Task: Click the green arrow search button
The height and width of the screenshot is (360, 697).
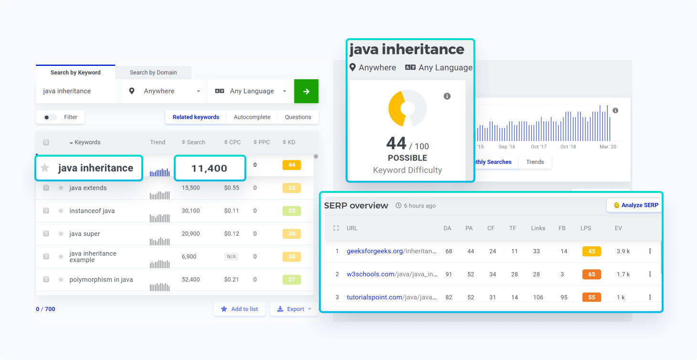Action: point(306,91)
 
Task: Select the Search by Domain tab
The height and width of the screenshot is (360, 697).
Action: point(153,73)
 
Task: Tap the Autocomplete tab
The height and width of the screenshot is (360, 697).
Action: point(252,117)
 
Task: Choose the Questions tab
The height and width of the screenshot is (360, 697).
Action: point(298,117)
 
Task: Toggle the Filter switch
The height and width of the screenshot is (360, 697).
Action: point(50,117)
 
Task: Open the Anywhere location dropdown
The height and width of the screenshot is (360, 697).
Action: point(165,91)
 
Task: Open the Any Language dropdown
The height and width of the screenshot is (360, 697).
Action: point(251,91)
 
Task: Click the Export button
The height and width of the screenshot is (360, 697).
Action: point(294,309)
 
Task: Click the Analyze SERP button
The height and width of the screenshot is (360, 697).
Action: point(635,205)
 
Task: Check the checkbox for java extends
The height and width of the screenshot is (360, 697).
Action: point(46,188)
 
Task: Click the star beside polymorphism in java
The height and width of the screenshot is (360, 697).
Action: point(61,279)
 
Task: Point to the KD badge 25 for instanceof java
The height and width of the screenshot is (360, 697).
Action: point(292,211)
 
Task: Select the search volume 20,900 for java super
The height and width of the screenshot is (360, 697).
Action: point(191,233)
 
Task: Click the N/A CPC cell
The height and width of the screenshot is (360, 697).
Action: point(232,256)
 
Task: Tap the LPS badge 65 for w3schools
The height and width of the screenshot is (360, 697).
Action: point(591,274)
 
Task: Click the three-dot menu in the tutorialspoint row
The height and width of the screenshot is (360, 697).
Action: point(650,297)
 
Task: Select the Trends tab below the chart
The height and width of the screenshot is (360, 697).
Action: point(535,162)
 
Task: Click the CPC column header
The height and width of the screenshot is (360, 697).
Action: point(232,142)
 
